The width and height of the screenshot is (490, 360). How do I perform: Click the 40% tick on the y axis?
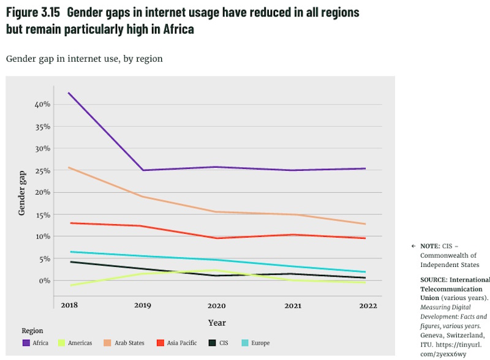42,105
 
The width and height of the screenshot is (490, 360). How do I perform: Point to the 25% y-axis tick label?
42,171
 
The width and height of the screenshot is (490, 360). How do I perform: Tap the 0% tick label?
43,280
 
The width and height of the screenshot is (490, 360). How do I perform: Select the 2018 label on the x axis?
69,305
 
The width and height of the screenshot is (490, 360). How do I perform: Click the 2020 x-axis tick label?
217,305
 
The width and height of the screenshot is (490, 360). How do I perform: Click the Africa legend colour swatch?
26,343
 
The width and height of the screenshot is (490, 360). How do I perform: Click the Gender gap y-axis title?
22,192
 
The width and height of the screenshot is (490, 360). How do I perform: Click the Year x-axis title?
217,323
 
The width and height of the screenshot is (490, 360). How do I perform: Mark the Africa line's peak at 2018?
69,93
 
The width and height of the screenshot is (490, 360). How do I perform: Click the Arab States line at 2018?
69,167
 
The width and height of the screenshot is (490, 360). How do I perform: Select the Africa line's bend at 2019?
143,170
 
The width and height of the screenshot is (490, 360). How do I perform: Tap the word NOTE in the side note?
431,246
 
